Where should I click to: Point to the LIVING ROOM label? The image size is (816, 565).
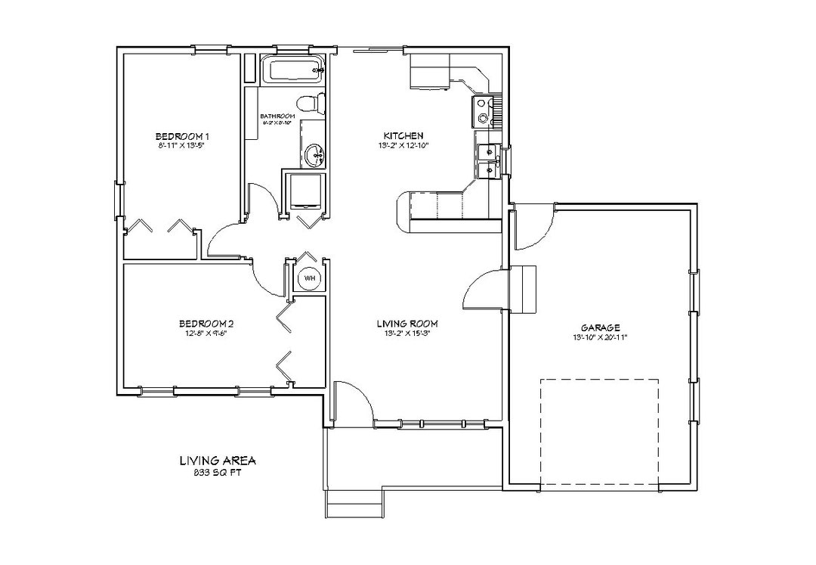(x=407, y=324)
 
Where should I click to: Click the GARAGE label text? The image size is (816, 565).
(x=601, y=328)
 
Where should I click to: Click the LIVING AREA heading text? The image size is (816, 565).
(x=217, y=460)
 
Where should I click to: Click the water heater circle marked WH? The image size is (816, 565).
(x=309, y=278)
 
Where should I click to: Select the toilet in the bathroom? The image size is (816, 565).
(x=311, y=102)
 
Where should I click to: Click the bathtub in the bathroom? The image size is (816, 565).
(x=292, y=72)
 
